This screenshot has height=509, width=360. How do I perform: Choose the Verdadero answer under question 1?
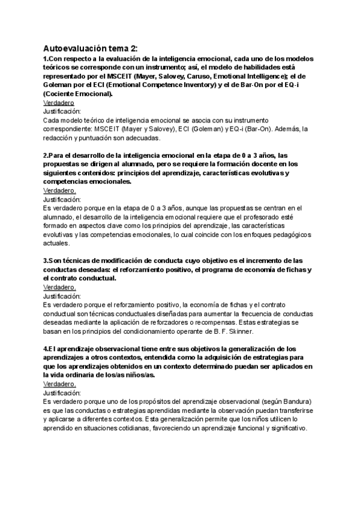point(58,103)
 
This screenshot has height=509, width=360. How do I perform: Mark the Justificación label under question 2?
point(62,199)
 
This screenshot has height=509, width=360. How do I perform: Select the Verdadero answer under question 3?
point(59,288)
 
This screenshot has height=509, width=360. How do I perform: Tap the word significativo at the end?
point(284,429)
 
